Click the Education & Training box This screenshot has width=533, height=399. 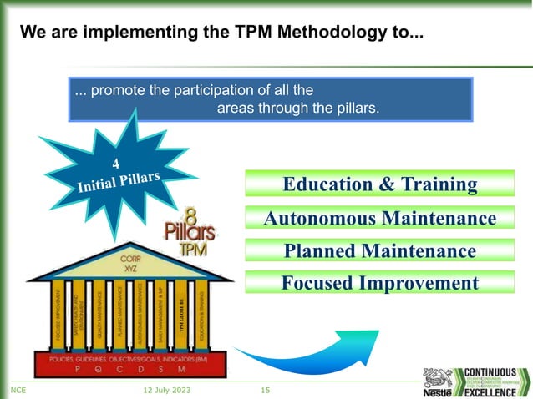[380, 184]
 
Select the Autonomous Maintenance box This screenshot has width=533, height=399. [380, 219]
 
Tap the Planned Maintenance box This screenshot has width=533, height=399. [380, 251]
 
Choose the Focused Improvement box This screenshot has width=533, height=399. [380, 283]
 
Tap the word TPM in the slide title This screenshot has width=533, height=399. [237, 34]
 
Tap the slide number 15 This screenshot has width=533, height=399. [266, 391]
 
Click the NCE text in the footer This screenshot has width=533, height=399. [16, 391]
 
